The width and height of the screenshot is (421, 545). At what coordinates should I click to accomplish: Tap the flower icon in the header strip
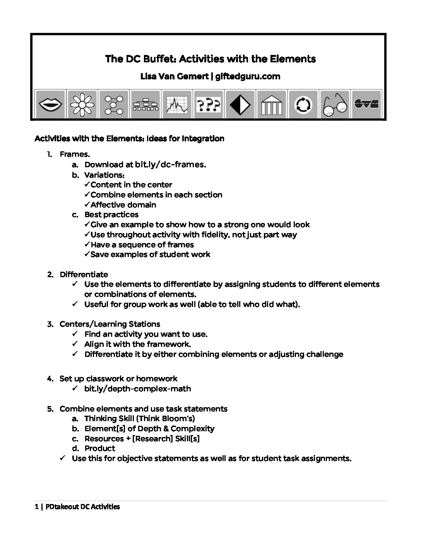coord(82,104)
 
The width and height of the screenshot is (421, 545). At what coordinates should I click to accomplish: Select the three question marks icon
coord(209,104)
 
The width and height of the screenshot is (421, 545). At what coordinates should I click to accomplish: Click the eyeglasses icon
coord(335,104)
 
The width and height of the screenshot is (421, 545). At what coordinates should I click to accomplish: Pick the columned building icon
coord(272,104)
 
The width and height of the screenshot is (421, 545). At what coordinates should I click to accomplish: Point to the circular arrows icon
coord(303,104)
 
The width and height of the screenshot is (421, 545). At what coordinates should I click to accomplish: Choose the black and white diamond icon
coord(240,104)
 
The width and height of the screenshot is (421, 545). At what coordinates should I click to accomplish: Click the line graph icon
coord(177,104)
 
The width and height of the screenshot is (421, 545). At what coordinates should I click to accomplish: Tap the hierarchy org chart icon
coord(145,104)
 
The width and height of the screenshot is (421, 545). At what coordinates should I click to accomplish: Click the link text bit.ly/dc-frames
coord(170,165)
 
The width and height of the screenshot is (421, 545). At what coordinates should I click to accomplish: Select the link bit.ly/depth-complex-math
coord(137,389)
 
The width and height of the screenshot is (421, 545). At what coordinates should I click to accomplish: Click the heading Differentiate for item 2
coord(84,274)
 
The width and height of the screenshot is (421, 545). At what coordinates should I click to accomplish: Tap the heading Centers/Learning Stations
coord(110,324)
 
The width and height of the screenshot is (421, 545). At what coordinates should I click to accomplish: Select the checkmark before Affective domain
coord(87,204)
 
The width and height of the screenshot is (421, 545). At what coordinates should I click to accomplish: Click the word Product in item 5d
coord(100,448)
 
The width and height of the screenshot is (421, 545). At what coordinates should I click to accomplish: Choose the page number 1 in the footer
coord(37,507)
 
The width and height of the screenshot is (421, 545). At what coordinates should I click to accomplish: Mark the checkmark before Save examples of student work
coord(87,254)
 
